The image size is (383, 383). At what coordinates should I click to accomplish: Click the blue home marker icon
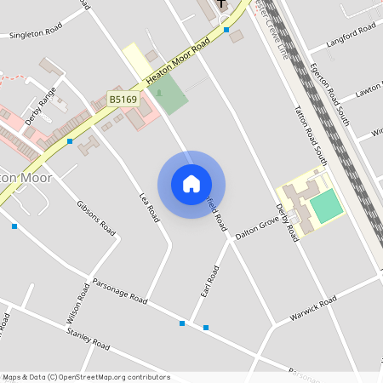[191, 184]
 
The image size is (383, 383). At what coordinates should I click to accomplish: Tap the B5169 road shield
[123, 100]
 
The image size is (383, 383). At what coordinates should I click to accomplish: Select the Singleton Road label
[36, 32]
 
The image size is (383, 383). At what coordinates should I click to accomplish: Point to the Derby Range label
[41, 106]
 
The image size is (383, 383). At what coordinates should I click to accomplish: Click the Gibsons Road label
[95, 216]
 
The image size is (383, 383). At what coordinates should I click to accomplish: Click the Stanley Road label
[89, 340]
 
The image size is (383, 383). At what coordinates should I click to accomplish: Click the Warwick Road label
[312, 306]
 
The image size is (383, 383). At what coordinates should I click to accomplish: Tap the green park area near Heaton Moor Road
[170, 94]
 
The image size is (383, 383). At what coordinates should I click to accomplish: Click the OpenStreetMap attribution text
[85, 377]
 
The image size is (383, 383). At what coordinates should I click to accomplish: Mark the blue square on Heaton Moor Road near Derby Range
[70, 140]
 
